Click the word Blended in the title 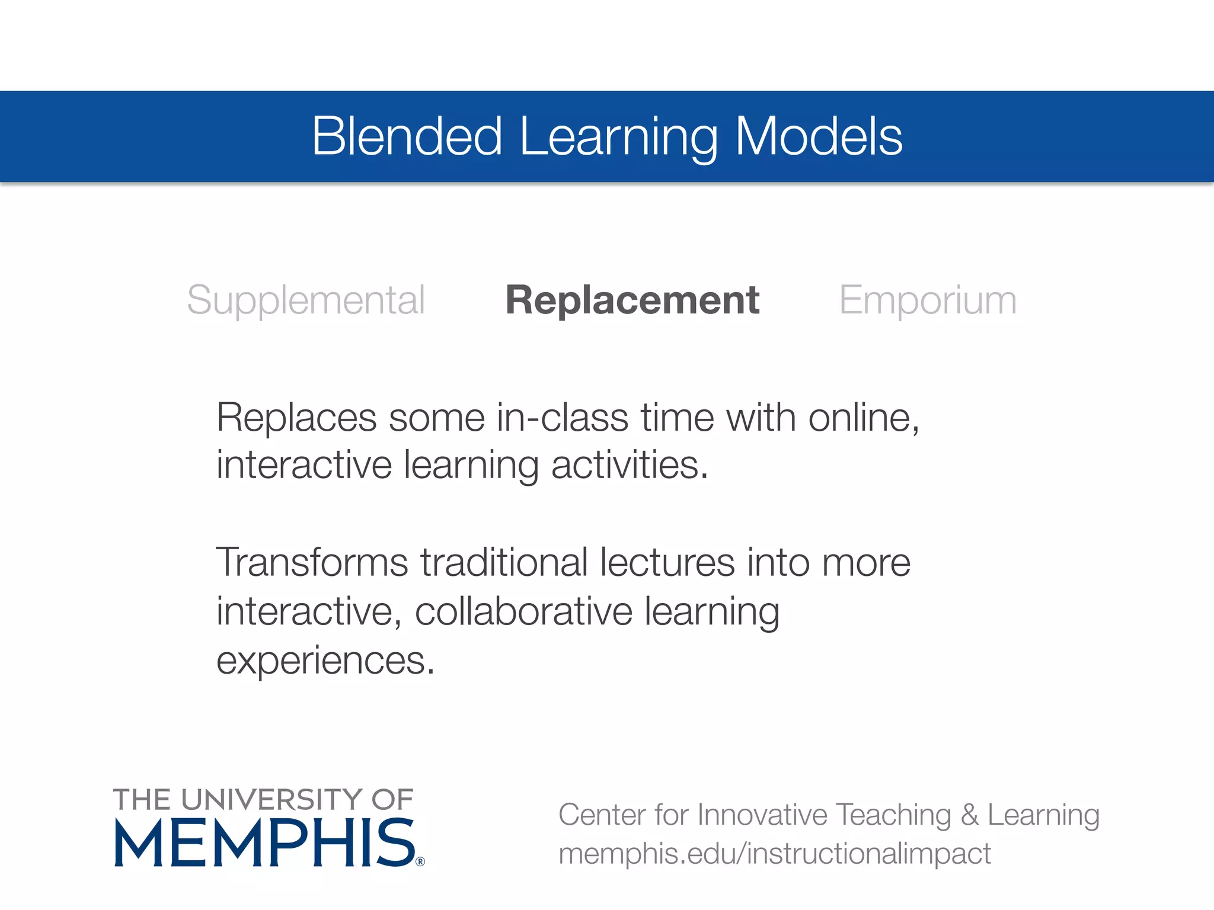(408, 136)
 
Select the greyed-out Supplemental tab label (306, 300)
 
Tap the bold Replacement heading (632, 300)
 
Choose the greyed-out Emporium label (928, 300)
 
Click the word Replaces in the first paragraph (296, 418)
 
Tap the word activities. (630, 465)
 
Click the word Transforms (312, 562)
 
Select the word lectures (667, 562)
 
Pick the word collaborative (523, 611)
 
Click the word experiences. (325, 661)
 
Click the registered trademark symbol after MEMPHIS (420, 861)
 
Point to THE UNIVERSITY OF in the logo (263, 800)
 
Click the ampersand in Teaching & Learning (969, 815)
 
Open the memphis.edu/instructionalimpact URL (774, 854)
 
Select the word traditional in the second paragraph (504, 562)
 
